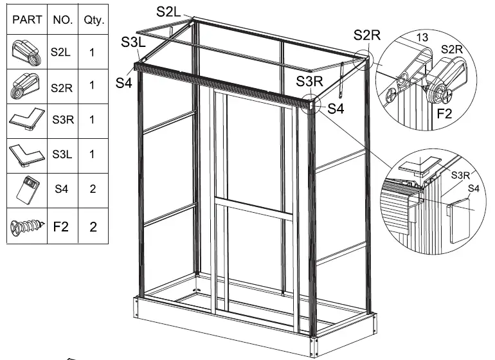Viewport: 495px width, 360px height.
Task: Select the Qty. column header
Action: click(93, 20)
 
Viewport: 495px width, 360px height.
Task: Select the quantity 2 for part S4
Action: click(93, 190)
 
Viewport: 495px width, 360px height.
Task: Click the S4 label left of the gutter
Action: click(123, 83)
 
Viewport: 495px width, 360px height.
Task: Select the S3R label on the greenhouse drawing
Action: click(309, 81)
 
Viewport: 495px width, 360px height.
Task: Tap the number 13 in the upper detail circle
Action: click(422, 38)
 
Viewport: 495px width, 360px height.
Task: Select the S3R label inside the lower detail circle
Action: click(460, 174)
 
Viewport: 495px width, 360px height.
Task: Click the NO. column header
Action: click(62, 20)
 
